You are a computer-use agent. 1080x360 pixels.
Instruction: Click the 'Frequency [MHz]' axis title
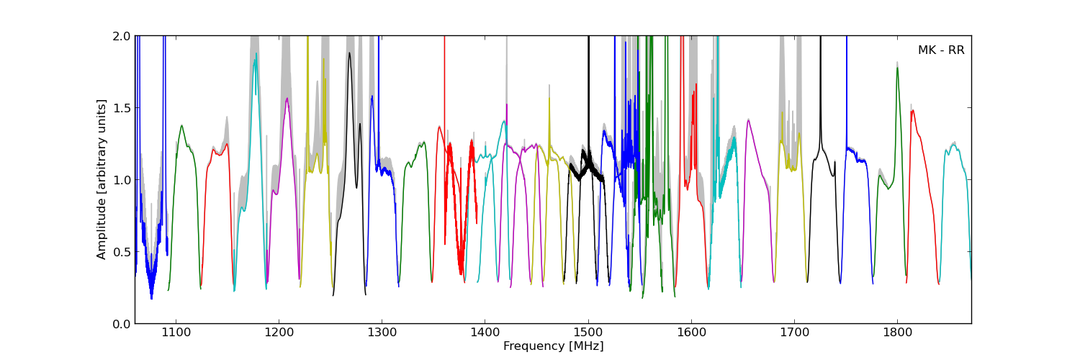click(x=553, y=346)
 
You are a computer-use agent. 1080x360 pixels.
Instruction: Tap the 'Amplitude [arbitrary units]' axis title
click(x=102, y=179)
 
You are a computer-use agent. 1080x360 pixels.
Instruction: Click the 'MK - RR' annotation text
click(x=940, y=50)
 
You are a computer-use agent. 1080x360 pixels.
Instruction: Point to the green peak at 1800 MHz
click(x=897, y=68)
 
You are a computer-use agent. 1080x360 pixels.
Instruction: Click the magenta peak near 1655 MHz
click(x=748, y=120)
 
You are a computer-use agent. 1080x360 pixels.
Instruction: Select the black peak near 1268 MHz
click(x=350, y=53)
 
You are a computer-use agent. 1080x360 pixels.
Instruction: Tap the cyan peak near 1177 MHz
click(x=255, y=60)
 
